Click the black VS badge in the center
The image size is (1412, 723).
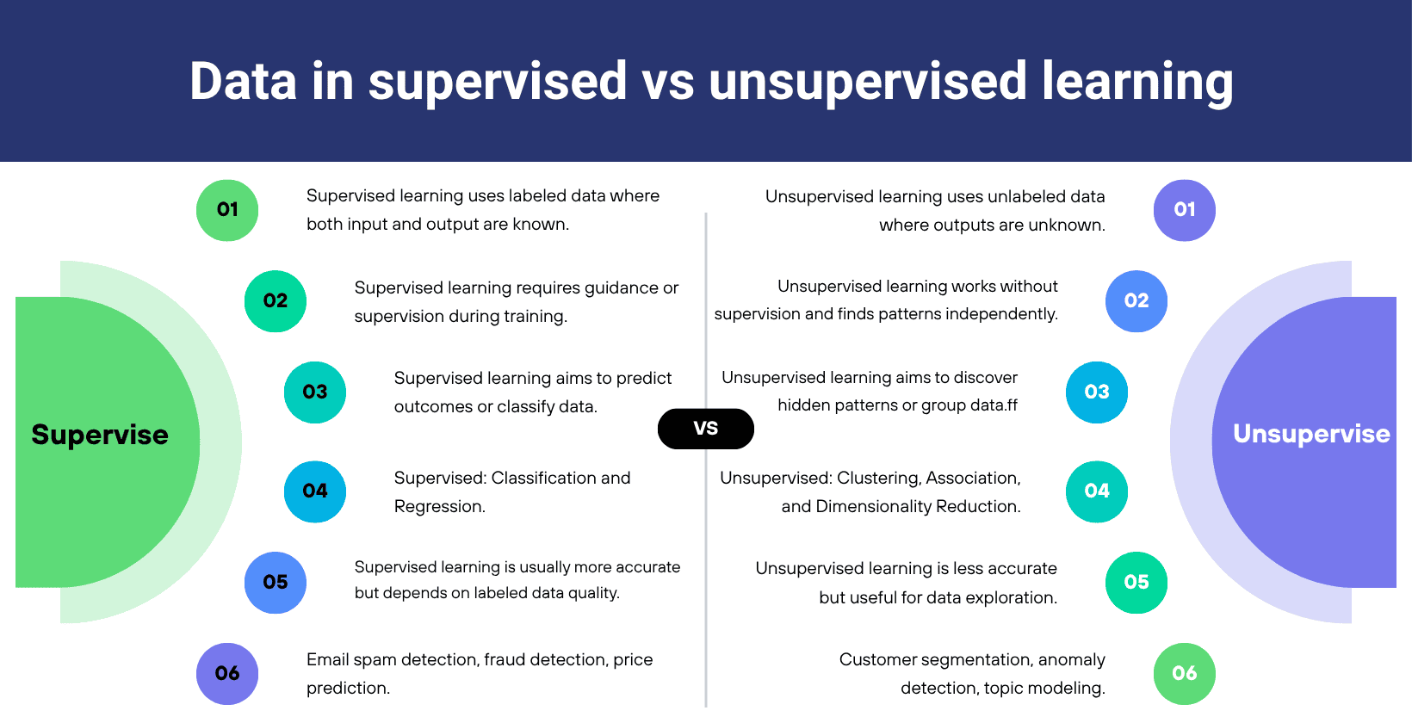pos(705,429)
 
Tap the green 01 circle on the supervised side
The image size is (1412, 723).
pos(227,210)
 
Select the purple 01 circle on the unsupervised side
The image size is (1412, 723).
pos(1185,210)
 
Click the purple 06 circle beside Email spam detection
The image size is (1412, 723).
pos(227,673)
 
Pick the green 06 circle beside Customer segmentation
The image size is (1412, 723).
pos(1185,673)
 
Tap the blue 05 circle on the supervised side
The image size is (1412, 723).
pos(276,583)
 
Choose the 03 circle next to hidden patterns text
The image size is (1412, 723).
pos(1097,392)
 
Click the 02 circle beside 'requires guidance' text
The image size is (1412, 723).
pos(276,301)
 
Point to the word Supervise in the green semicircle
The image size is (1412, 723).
pos(100,436)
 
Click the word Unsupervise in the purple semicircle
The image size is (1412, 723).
pos(1311,435)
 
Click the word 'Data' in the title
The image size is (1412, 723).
pos(244,81)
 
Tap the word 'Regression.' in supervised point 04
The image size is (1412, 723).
pos(439,507)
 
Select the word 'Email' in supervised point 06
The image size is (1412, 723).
pos(327,659)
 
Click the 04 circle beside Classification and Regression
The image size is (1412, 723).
pos(315,491)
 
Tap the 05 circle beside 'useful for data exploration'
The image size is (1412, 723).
pos(1136,583)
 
